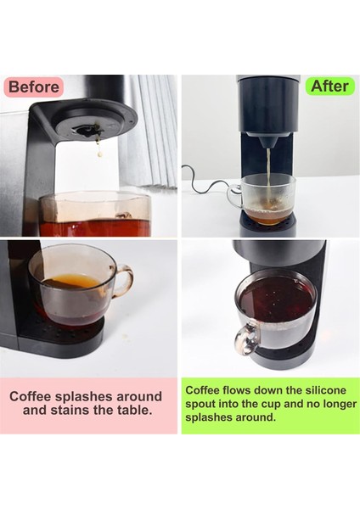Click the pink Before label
tap(33, 87)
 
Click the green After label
tap(329, 86)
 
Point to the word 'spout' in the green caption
tap(204, 404)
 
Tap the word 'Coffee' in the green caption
tap(205, 390)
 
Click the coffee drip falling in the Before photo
tap(98, 151)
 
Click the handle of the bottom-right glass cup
tap(245, 338)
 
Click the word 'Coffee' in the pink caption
tap(33, 396)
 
